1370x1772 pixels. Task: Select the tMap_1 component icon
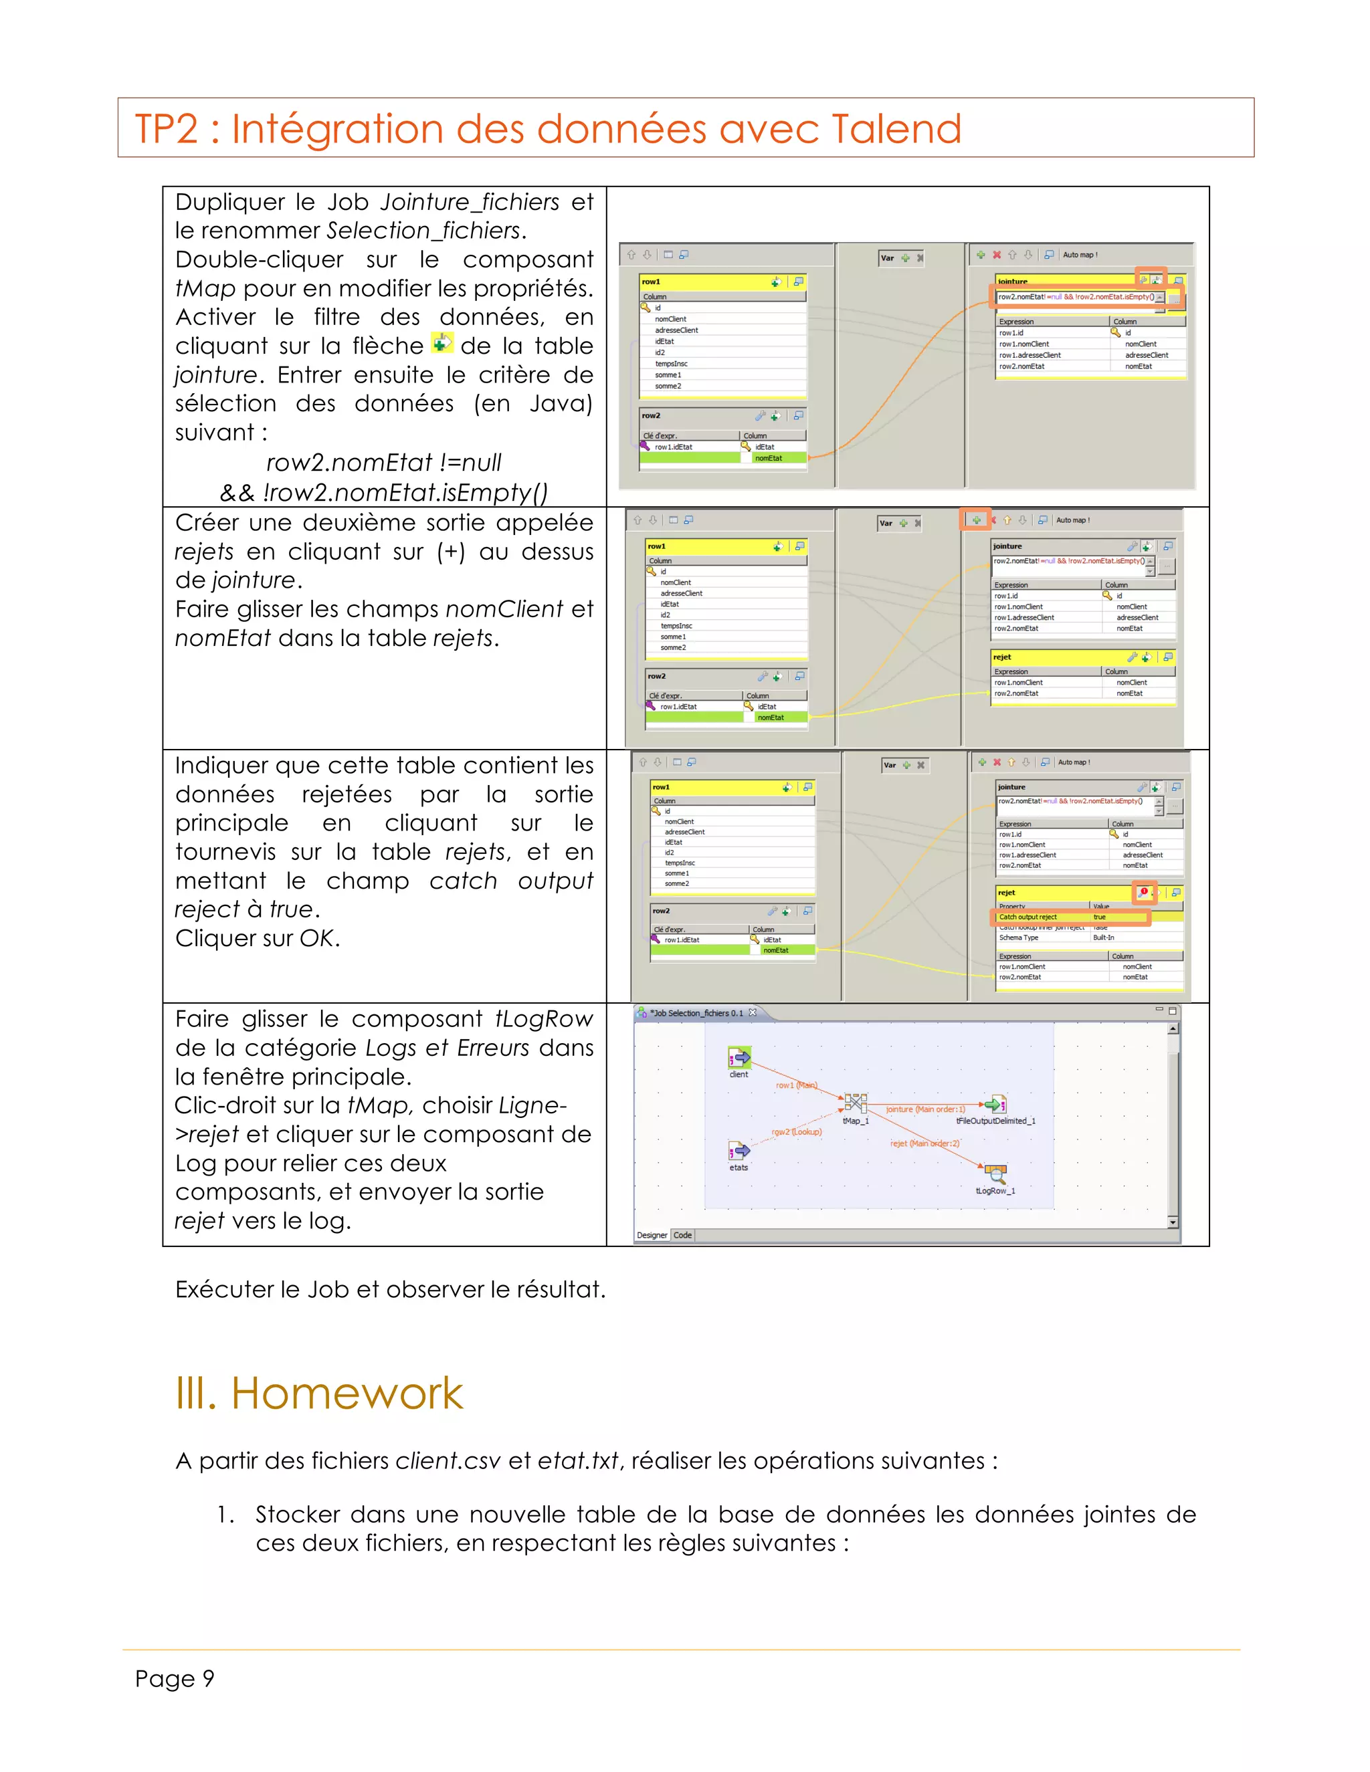point(856,1103)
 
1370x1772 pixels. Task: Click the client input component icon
point(739,1057)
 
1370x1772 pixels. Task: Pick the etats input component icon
point(739,1151)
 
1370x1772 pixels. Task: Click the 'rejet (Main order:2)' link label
point(924,1143)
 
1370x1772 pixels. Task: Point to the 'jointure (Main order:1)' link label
point(925,1109)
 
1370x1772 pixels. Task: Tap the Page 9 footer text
point(175,1678)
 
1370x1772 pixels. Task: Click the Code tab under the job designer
point(682,1235)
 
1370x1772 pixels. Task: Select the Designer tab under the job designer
point(652,1235)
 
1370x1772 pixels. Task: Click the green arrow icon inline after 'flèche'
point(442,343)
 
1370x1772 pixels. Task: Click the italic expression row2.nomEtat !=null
point(383,463)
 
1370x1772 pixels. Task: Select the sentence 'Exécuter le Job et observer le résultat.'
point(391,1289)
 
